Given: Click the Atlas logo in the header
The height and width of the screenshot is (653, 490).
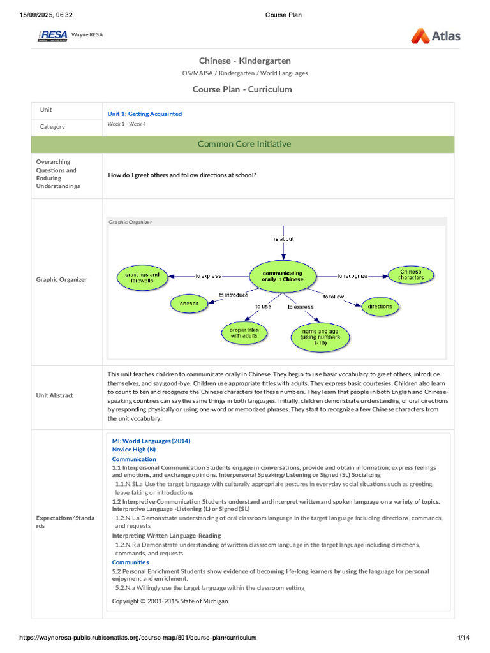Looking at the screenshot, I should tap(436, 36).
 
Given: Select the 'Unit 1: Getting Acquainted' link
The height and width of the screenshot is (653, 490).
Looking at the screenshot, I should tap(144, 114).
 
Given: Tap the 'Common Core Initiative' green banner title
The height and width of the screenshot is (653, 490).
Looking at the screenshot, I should tap(244, 144).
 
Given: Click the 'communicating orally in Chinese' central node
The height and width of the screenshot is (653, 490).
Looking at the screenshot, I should tap(283, 276).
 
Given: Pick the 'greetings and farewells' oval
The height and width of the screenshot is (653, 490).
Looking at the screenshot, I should tap(142, 277).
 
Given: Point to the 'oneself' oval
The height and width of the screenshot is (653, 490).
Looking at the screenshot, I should tap(189, 304).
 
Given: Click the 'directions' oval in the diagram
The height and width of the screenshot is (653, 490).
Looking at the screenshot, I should tap(380, 307).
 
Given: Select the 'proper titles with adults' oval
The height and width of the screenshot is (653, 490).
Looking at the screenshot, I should tap(240, 333).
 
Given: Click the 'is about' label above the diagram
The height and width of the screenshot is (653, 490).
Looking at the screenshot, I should tap(284, 239).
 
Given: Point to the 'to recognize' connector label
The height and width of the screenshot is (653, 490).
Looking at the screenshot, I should tap(352, 276).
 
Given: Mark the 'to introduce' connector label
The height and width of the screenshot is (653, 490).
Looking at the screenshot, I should tap(234, 295).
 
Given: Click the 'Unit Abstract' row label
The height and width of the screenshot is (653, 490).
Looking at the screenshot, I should tap(55, 395).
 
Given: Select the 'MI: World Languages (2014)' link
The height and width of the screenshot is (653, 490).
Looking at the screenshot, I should tap(151, 441).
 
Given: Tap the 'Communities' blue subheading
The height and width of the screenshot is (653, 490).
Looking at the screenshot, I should tap(130, 562).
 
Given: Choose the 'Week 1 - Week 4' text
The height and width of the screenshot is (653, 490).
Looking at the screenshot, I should tap(126, 124).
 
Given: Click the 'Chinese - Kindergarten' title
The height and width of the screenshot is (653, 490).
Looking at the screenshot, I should tap(244, 61).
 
